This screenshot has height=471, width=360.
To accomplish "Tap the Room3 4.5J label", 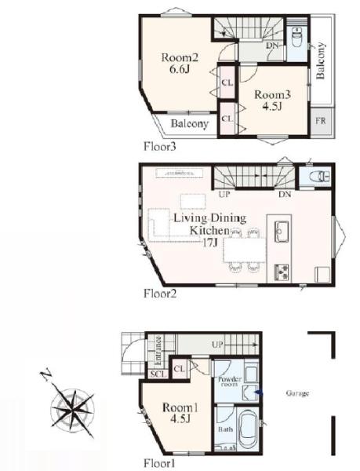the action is point(272,100).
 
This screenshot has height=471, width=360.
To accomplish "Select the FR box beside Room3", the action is point(321,121).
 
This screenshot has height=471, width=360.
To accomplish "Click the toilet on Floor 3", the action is point(297,38).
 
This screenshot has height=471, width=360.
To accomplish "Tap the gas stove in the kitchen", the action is point(282,272).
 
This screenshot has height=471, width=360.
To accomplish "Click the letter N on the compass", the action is point(45,376).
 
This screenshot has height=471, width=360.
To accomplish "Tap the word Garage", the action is point(297,393).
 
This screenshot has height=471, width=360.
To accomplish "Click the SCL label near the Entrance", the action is point(158,374).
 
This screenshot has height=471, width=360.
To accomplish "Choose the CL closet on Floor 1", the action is point(180,369).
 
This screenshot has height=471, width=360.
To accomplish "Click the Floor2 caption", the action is point(160,294).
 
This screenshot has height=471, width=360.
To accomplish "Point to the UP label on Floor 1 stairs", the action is point(217,345).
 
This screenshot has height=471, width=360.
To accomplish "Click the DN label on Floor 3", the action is point(273,46).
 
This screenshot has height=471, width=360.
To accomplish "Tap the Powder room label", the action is point(230,382).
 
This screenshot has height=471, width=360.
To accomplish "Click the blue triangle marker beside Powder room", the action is point(259,392).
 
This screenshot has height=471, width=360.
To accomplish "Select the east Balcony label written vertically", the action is point(321,60).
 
